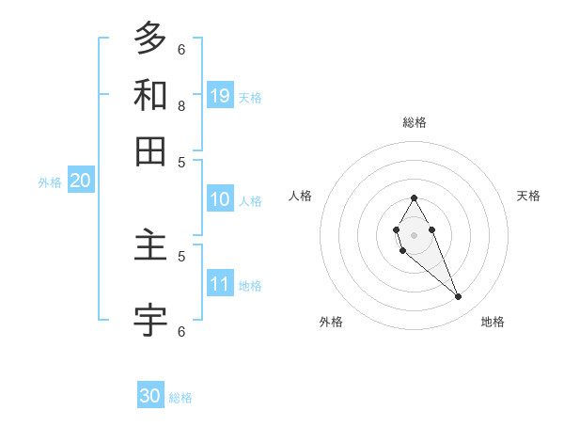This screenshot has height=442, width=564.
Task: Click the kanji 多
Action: click(x=150, y=38)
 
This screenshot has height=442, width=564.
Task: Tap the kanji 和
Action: click(x=150, y=95)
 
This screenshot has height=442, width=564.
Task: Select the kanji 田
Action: click(x=150, y=150)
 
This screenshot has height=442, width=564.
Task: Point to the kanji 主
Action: click(x=150, y=246)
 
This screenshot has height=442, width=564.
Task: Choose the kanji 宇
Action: click(x=150, y=320)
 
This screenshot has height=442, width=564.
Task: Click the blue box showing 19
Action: click(x=220, y=96)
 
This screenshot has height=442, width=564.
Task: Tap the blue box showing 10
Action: click(x=220, y=199)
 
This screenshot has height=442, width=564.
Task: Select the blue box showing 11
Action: click(x=220, y=285)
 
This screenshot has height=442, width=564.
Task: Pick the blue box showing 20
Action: click(x=80, y=182)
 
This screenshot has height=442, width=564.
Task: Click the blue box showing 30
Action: click(x=150, y=397)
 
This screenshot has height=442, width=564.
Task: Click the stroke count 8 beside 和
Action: click(x=181, y=106)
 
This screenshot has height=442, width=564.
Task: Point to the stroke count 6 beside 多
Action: click(x=181, y=49)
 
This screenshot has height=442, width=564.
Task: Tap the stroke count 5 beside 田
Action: click(x=181, y=162)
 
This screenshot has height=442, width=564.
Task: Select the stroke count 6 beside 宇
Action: click(x=181, y=331)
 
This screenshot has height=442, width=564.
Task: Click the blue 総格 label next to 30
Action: click(x=180, y=398)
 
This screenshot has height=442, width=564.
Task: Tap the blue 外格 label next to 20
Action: click(x=50, y=183)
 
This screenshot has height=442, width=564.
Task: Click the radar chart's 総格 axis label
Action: click(x=414, y=122)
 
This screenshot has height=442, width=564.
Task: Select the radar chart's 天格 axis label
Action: click(x=528, y=196)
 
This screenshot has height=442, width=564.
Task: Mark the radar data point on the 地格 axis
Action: click(x=459, y=297)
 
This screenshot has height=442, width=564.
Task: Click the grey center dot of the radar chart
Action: click(x=414, y=234)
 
